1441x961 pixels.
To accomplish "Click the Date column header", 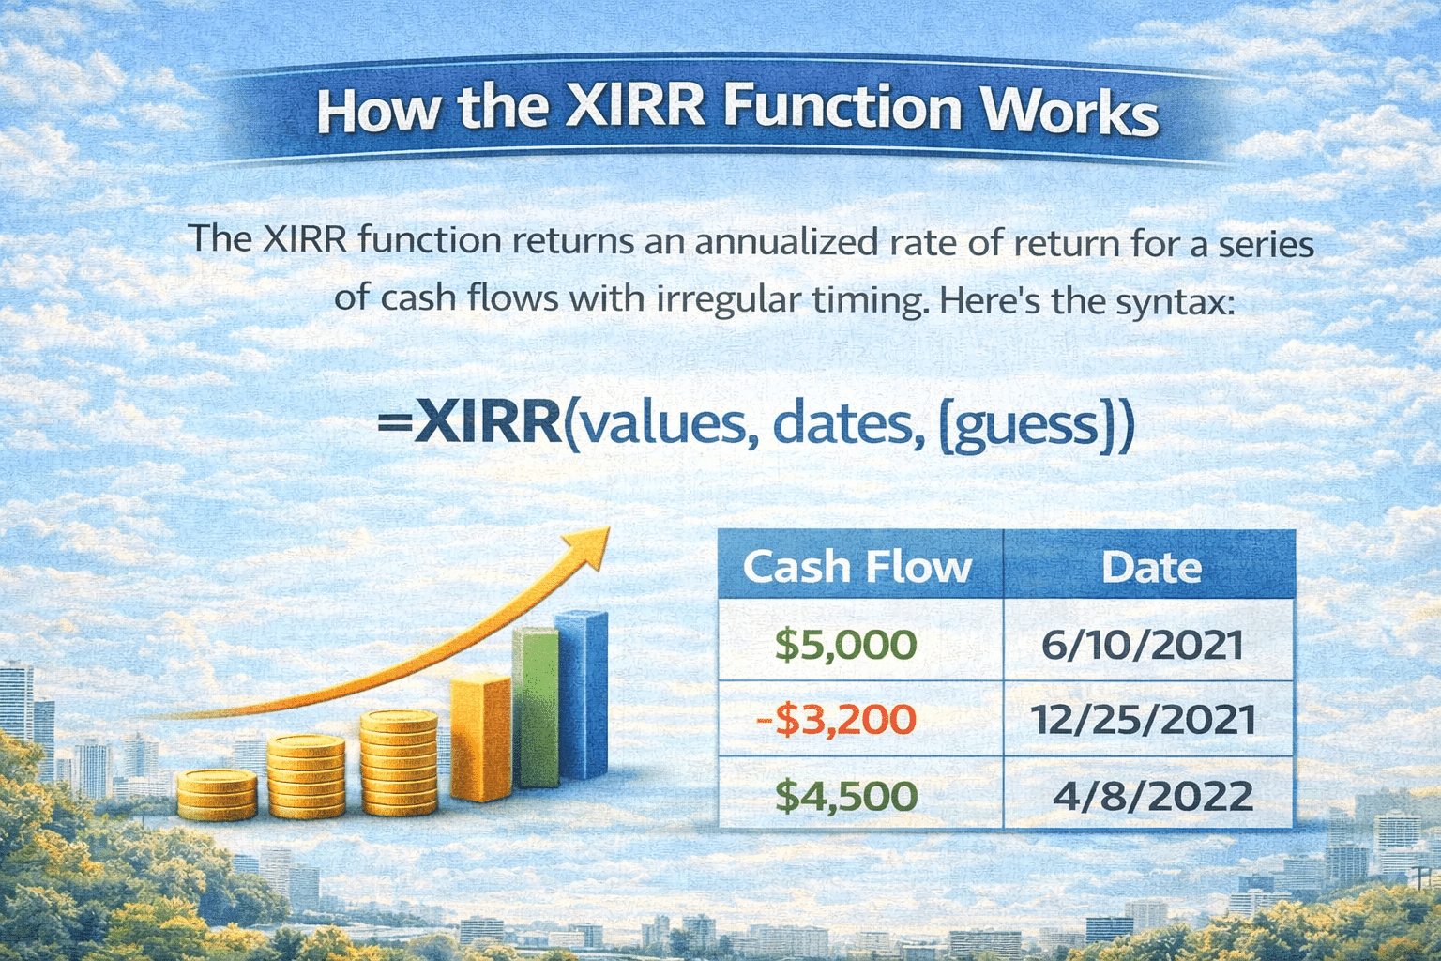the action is (x=1151, y=567).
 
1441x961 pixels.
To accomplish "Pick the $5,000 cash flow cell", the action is (x=846, y=645).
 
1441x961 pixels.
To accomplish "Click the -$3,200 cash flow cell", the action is (x=836, y=718).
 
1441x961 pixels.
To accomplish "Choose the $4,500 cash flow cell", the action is (x=846, y=796).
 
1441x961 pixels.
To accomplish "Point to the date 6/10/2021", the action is (x=1143, y=645).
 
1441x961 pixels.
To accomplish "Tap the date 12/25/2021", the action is (x=1143, y=719).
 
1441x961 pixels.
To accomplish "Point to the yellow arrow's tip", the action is (x=609, y=527).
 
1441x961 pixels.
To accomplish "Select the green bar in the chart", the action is (x=536, y=707).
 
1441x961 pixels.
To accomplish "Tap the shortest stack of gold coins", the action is (x=217, y=795).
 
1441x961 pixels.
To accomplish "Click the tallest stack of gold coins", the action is (x=399, y=763).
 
